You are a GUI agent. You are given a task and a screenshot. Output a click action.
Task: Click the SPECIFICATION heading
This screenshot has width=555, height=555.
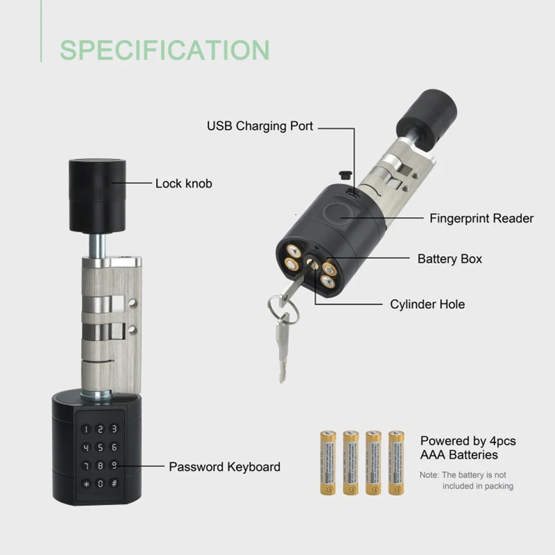tap(164, 50)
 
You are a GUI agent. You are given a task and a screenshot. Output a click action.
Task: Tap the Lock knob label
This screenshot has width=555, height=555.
tap(183, 184)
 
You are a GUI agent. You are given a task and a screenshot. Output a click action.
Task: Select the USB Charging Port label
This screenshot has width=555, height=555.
tap(260, 126)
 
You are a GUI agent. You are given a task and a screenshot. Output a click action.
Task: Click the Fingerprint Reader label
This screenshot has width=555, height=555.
tap(481, 219)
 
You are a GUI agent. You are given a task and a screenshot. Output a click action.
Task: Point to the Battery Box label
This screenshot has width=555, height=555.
tap(450, 259)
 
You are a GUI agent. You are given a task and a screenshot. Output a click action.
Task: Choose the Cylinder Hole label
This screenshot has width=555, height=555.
tap(427, 305)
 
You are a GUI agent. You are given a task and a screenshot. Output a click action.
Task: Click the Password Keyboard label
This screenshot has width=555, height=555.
tap(225, 467)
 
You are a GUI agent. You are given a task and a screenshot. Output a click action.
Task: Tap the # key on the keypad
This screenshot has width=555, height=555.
tap(114, 484)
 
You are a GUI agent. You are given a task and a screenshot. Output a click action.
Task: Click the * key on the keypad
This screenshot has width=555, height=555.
tap(87, 484)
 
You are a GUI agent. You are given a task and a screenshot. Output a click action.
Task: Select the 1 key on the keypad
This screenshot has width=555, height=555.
tap(87, 430)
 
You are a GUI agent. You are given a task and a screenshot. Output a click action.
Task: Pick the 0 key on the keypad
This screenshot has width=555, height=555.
tap(101, 484)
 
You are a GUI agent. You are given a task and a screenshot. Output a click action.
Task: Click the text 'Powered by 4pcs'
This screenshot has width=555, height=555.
tap(468, 441)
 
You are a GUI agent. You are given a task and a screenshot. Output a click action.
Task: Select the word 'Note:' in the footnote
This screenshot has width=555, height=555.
tap(429, 475)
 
